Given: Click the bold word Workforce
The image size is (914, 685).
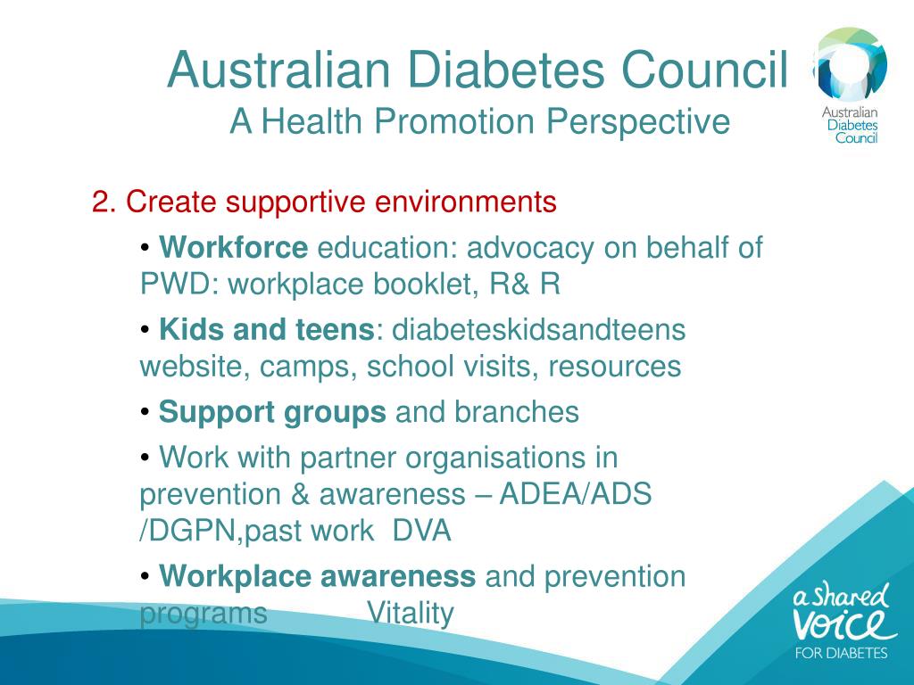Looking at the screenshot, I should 234,247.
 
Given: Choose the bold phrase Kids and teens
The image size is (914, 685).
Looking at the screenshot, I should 266,330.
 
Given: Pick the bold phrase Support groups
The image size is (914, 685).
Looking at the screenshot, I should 272,413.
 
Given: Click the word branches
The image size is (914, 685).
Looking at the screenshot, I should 517,413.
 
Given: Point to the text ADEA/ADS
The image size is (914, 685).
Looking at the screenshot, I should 576,495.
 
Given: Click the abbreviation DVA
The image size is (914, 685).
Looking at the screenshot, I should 422,532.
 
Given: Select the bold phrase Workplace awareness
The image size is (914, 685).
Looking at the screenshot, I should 317,577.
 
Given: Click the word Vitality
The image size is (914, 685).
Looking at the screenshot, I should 411,615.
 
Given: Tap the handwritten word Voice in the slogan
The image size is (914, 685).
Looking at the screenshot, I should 843,623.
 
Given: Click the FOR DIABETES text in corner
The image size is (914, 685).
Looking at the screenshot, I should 841,652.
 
